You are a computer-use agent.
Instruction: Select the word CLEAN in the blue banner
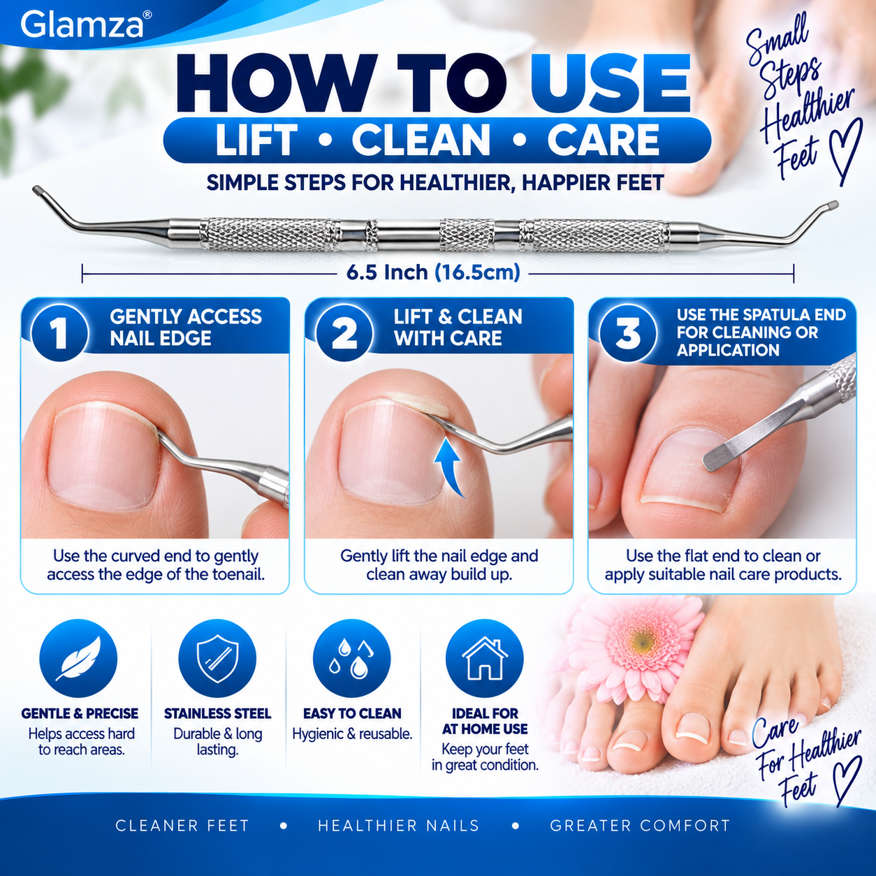click(x=421, y=140)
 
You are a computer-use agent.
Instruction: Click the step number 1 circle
click(x=60, y=333)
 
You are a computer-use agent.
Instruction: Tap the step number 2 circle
click(x=344, y=333)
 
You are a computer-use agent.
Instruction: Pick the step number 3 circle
click(x=628, y=333)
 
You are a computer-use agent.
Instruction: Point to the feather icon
click(x=78, y=658)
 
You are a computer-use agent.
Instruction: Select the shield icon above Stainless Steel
click(x=217, y=658)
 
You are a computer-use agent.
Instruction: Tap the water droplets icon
click(x=352, y=658)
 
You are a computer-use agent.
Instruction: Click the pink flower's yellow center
click(x=642, y=642)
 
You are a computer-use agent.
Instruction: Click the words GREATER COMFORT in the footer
click(x=640, y=825)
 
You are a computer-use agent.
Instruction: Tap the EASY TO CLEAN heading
click(x=352, y=713)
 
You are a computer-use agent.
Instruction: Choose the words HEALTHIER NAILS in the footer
click(x=398, y=825)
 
